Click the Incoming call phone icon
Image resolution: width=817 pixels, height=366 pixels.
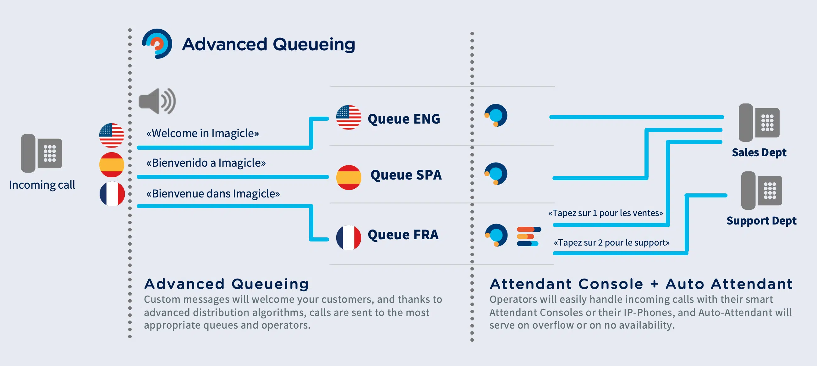(41, 153)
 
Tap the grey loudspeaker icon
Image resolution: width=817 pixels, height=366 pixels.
(157, 101)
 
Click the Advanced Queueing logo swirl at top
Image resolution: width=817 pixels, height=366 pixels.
(157, 44)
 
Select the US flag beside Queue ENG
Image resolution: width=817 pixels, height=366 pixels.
(348, 118)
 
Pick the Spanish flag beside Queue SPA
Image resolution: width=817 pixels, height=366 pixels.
(348, 177)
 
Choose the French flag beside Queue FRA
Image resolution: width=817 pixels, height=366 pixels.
(348, 237)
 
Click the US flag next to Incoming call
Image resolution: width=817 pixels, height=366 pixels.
(112, 136)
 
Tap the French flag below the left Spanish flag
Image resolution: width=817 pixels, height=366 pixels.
(112, 194)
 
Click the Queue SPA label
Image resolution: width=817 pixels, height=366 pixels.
(406, 175)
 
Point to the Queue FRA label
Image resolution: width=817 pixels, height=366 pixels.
(403, 235)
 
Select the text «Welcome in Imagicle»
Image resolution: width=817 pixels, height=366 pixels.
(202, 133)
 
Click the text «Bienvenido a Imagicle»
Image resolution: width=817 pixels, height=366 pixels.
(206, 163)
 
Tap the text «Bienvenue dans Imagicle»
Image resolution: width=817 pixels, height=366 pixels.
(213, 194)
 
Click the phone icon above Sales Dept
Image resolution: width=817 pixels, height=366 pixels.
(759, 123)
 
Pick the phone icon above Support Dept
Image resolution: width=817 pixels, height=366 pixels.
(761, 191)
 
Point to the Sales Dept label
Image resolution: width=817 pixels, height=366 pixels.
(759, 153)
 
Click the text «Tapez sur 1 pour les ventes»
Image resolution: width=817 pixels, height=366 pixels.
(606, 213)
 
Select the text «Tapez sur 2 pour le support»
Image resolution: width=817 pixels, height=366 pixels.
(611, 243)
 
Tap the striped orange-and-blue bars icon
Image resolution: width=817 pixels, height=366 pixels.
(529, 236)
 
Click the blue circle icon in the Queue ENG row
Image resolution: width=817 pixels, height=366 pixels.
(496, 115)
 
